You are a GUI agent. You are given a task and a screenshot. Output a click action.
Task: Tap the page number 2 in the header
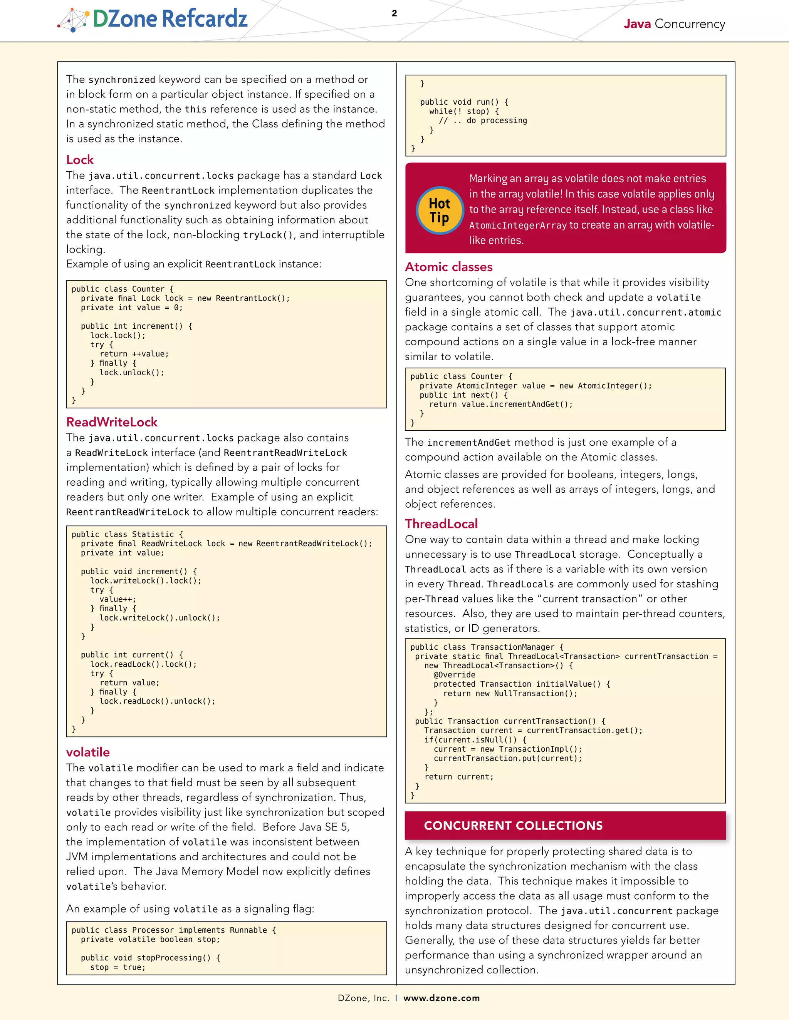(394, 13)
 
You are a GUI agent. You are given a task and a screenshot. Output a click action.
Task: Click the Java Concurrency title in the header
(674, 24)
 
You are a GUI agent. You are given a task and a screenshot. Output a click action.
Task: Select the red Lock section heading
(80, 160)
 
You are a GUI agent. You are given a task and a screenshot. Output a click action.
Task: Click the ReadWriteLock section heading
(112, 422)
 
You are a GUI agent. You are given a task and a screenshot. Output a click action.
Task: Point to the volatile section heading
(88, 752)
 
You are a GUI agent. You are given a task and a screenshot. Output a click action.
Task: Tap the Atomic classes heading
(448, 267)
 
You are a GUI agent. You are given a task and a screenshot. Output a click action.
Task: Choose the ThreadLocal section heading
(441, 523)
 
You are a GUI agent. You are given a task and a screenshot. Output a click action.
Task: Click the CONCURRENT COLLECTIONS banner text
(513, 825)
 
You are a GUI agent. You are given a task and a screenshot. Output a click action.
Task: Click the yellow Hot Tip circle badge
(439, 211)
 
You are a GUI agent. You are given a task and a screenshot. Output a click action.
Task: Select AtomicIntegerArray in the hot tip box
(517, 226)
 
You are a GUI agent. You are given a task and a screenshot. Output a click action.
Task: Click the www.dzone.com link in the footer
(441, 998)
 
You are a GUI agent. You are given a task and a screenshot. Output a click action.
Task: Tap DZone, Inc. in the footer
(363, 998)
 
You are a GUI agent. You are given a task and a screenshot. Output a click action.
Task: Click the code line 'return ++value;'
(134, 354)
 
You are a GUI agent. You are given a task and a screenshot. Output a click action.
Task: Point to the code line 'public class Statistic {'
(127, 534)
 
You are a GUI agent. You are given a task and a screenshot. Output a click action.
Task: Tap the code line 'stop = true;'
(118, 967)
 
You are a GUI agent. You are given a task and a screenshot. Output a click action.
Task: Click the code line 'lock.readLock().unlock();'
(157, 701)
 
